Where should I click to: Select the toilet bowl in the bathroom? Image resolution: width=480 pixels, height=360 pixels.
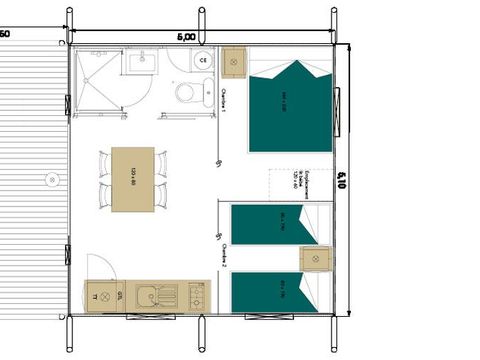(185, 93)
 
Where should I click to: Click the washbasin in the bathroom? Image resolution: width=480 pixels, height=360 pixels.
(139, 63)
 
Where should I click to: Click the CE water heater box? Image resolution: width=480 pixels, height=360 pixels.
(203, 60)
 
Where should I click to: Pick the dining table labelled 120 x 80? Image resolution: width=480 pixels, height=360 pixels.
(133, 180)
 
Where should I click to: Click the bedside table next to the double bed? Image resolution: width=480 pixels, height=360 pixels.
(234, 62)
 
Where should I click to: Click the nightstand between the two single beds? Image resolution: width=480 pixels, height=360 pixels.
(315, 258)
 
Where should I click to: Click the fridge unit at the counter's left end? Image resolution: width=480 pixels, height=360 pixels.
(98, 297)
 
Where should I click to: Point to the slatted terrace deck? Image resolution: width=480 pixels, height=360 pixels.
(30, 180)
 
